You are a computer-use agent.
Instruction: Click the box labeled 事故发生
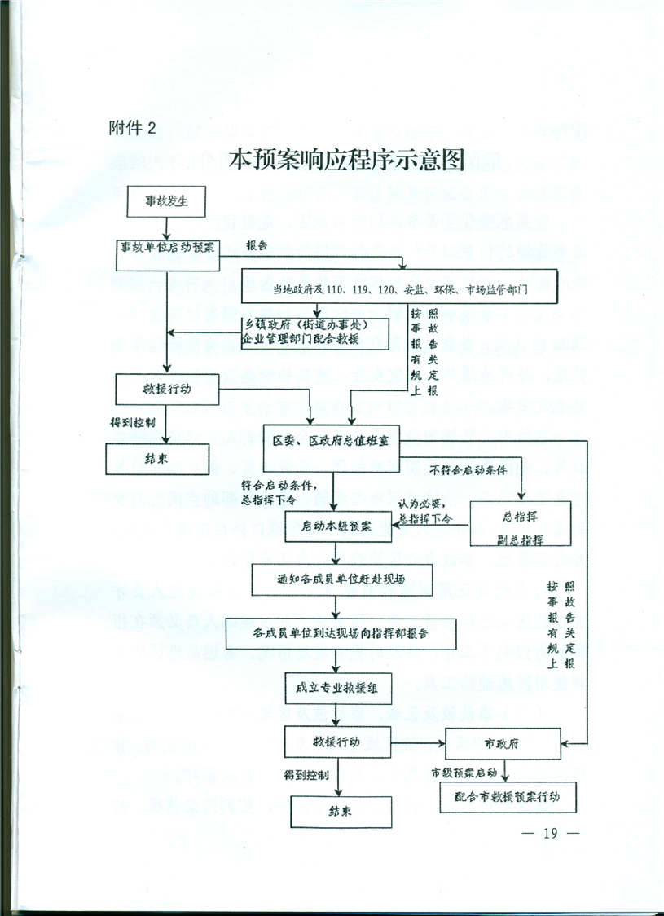[x=166, y=201]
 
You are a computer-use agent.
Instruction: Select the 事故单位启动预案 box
[x=169, y=248]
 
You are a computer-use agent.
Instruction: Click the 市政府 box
[x=503, y=743]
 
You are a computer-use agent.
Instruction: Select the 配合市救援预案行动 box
[x=508, y=795]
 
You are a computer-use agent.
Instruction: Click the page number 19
[x=548, y=833]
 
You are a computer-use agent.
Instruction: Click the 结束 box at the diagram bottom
[x=341, y=812]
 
